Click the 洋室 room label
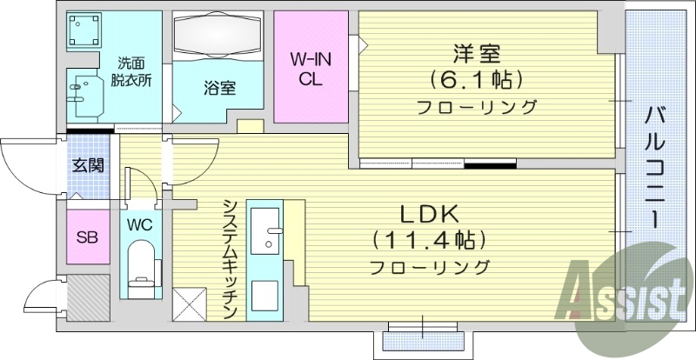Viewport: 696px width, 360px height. tap(476, 54)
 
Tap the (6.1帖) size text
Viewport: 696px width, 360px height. tap(476, 81)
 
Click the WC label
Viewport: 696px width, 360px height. tap(140, 224)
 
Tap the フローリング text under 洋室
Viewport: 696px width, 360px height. tap(476, 108)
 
